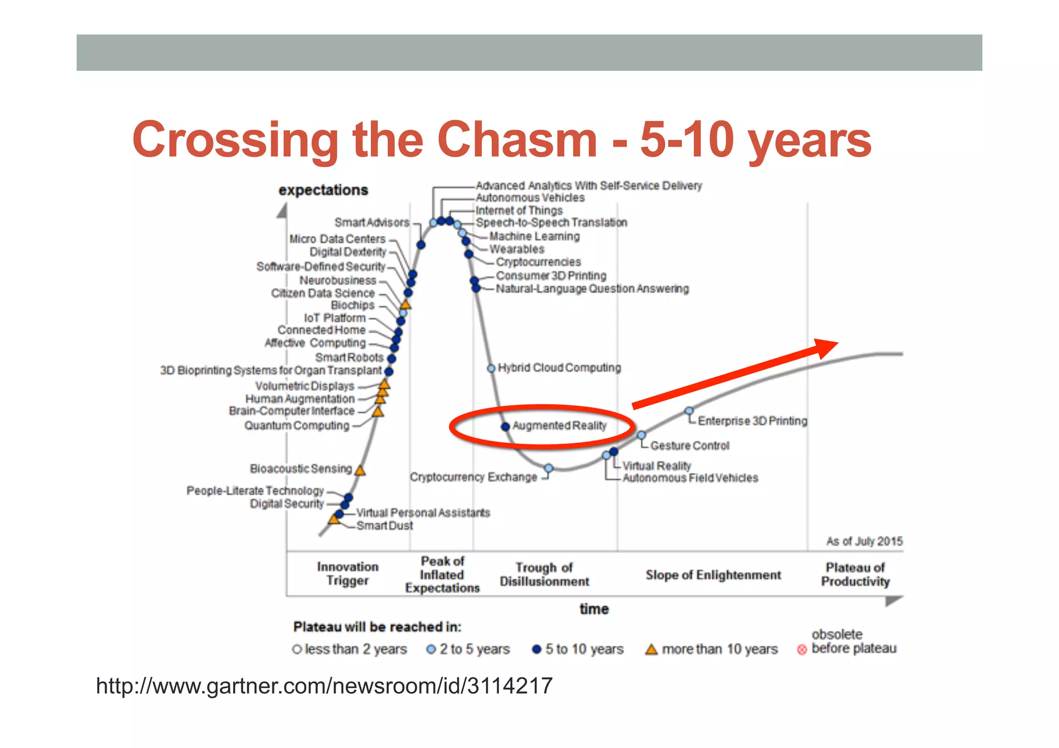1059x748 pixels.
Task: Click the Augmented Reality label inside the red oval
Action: click(559, 425)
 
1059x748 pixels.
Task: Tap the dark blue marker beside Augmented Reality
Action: click(505, 426)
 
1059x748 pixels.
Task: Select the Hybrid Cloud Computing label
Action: click(559, 368)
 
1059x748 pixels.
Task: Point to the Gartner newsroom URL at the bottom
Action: click(324, 686)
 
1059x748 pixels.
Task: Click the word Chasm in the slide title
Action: click(517, 140)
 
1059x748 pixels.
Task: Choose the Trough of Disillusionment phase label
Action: click(544, 574)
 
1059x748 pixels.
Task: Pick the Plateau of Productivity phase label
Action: click(855, 574)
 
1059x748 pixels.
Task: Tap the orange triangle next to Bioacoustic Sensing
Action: click(360, 470)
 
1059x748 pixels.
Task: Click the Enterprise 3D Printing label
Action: click(752, 421)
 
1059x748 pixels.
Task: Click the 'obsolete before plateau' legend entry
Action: click(853, 642)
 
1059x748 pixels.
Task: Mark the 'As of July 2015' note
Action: click(864, 541)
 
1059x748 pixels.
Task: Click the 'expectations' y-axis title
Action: click(323, 190)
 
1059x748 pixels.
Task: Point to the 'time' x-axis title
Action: click(594, 609)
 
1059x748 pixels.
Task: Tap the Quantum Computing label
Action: click(297, 425)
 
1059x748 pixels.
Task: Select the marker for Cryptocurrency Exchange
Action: click(549, 468)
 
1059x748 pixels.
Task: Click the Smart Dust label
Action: click(384, 526)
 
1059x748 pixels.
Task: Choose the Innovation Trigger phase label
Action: click(347, 573)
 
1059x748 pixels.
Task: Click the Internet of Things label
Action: click(519, 210)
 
